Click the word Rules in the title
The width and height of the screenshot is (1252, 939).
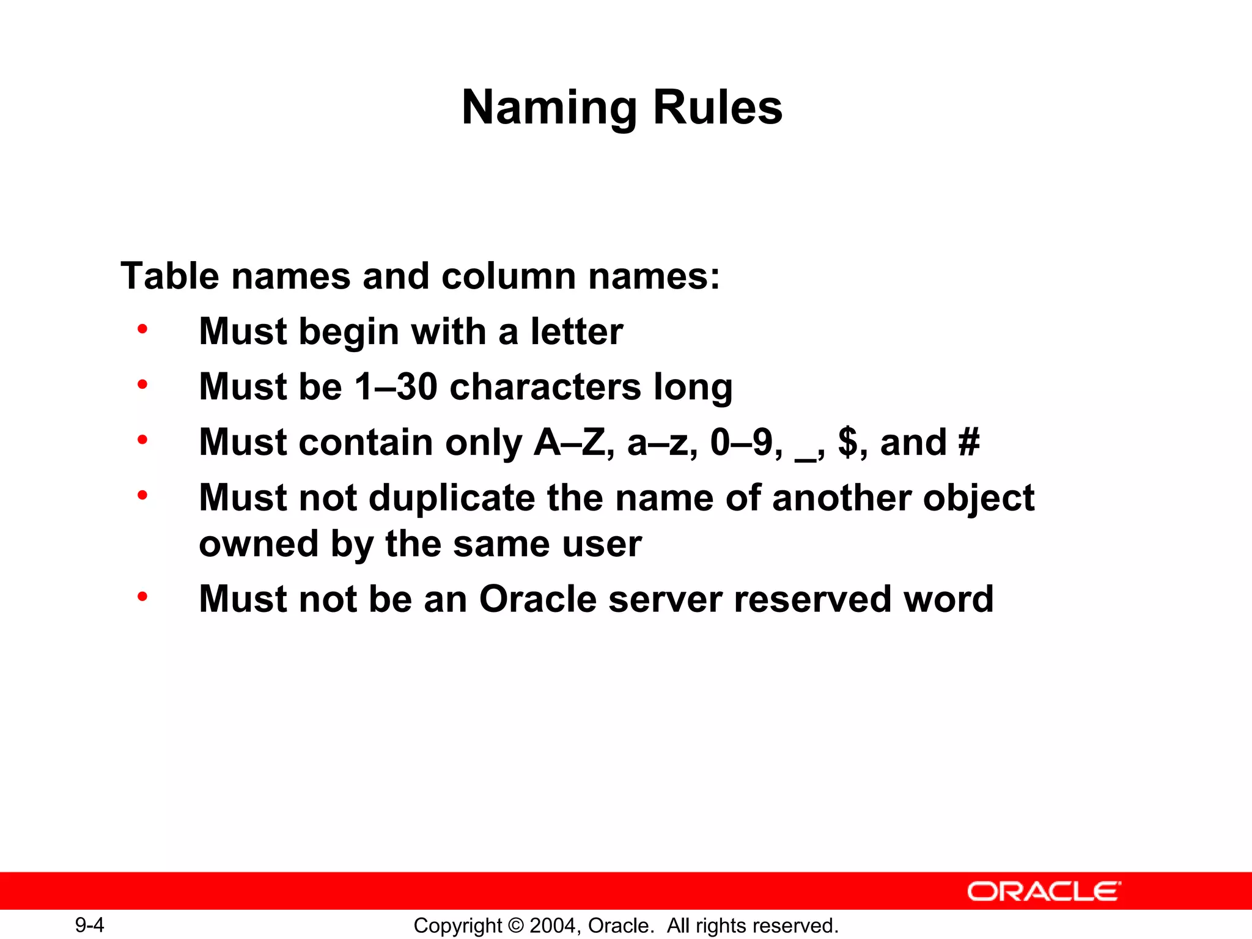tap(718, 108)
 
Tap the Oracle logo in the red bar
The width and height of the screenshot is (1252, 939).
tap(1044, 891)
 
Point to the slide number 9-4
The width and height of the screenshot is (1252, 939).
tap(89, 925)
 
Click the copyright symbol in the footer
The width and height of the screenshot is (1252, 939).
tap(516, 926)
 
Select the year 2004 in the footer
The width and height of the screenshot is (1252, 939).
tap(553, 926)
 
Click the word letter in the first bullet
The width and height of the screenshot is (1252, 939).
tap(576, 331)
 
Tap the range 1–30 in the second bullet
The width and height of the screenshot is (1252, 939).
tap(396, 387)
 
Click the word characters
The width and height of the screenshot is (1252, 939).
tap(545, 387)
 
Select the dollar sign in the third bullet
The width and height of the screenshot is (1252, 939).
tap(847, 442)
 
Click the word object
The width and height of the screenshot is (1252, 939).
tap(978, 498)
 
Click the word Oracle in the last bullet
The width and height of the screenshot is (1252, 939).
tap(538, 598)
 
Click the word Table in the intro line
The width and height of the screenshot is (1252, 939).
tap(170, 276)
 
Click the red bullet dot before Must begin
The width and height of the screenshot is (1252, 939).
tap(142, 330)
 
